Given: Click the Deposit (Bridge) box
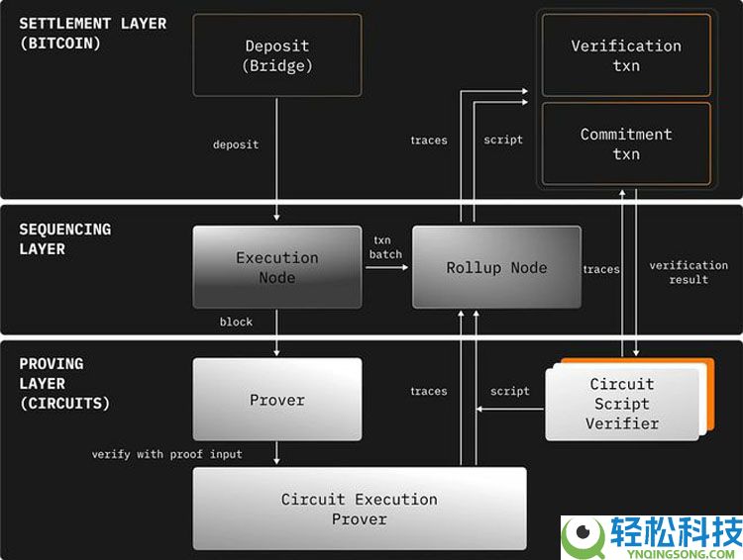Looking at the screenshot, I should pos(277,55).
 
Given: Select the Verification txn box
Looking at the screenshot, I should pos(626,55).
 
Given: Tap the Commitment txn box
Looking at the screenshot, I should pos(626,143).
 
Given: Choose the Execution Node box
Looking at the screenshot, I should pos(277,267).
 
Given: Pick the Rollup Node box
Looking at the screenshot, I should pos(496,267).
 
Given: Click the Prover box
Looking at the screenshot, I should pos(277,400).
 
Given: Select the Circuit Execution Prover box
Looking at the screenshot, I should pos(359,509).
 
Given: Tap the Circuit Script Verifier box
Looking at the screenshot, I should pos(622,403).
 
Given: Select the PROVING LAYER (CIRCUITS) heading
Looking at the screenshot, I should pos(65,383).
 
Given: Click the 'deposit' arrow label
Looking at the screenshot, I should pos(236,144).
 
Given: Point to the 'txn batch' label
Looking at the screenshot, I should pos(386,247).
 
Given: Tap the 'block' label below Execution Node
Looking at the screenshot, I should pos(236,322).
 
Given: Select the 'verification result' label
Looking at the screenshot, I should pos(689,272).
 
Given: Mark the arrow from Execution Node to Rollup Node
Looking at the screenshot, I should pos(387,268).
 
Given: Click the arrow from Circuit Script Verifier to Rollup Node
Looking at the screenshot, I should pos(509,407).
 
